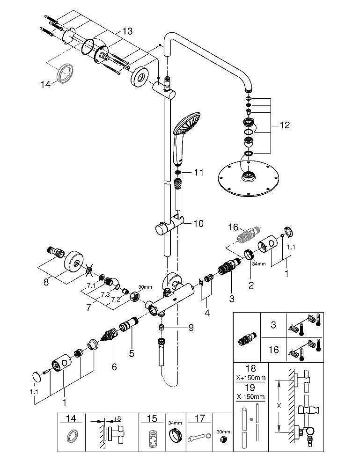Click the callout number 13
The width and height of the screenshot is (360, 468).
127,31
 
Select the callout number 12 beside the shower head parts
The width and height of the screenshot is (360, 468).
284,125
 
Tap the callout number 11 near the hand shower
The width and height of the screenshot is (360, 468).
199,173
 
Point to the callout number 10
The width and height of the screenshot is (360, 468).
198,224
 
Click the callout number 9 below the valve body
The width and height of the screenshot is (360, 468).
191,328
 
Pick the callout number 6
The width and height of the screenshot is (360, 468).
114,367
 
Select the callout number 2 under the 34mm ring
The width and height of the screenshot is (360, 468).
251,285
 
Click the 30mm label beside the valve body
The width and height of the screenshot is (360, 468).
145,287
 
